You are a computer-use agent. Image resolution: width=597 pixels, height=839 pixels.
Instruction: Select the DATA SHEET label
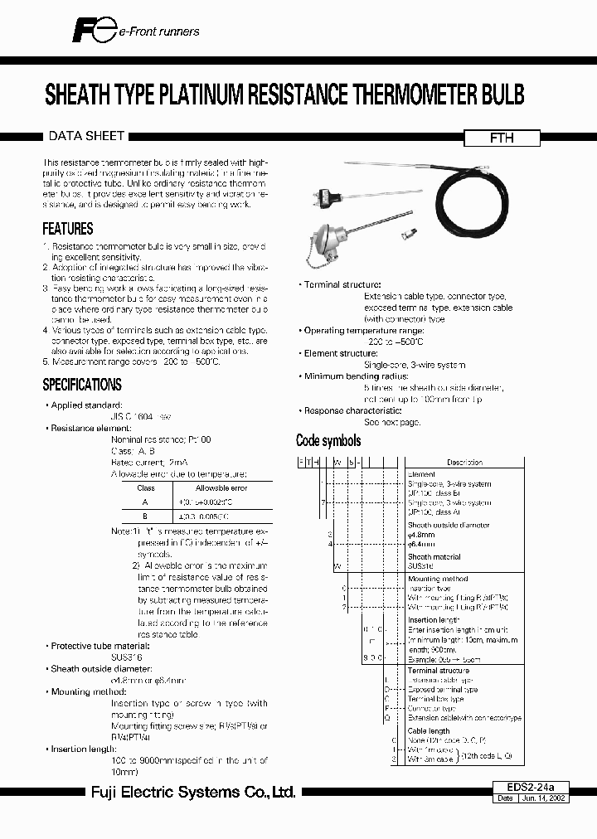(x=87, y=135)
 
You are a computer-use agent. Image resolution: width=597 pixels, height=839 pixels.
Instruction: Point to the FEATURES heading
(x=68, y=229)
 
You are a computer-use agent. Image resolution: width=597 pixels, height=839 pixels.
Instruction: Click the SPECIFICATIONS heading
(x=82, y=385)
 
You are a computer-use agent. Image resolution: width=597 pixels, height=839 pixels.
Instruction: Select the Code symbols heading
(x=328, y=440)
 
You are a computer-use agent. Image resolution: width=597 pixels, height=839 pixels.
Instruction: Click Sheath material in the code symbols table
(x=434, y=557)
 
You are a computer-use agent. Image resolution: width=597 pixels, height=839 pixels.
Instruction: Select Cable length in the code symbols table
(x=429, y=731)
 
